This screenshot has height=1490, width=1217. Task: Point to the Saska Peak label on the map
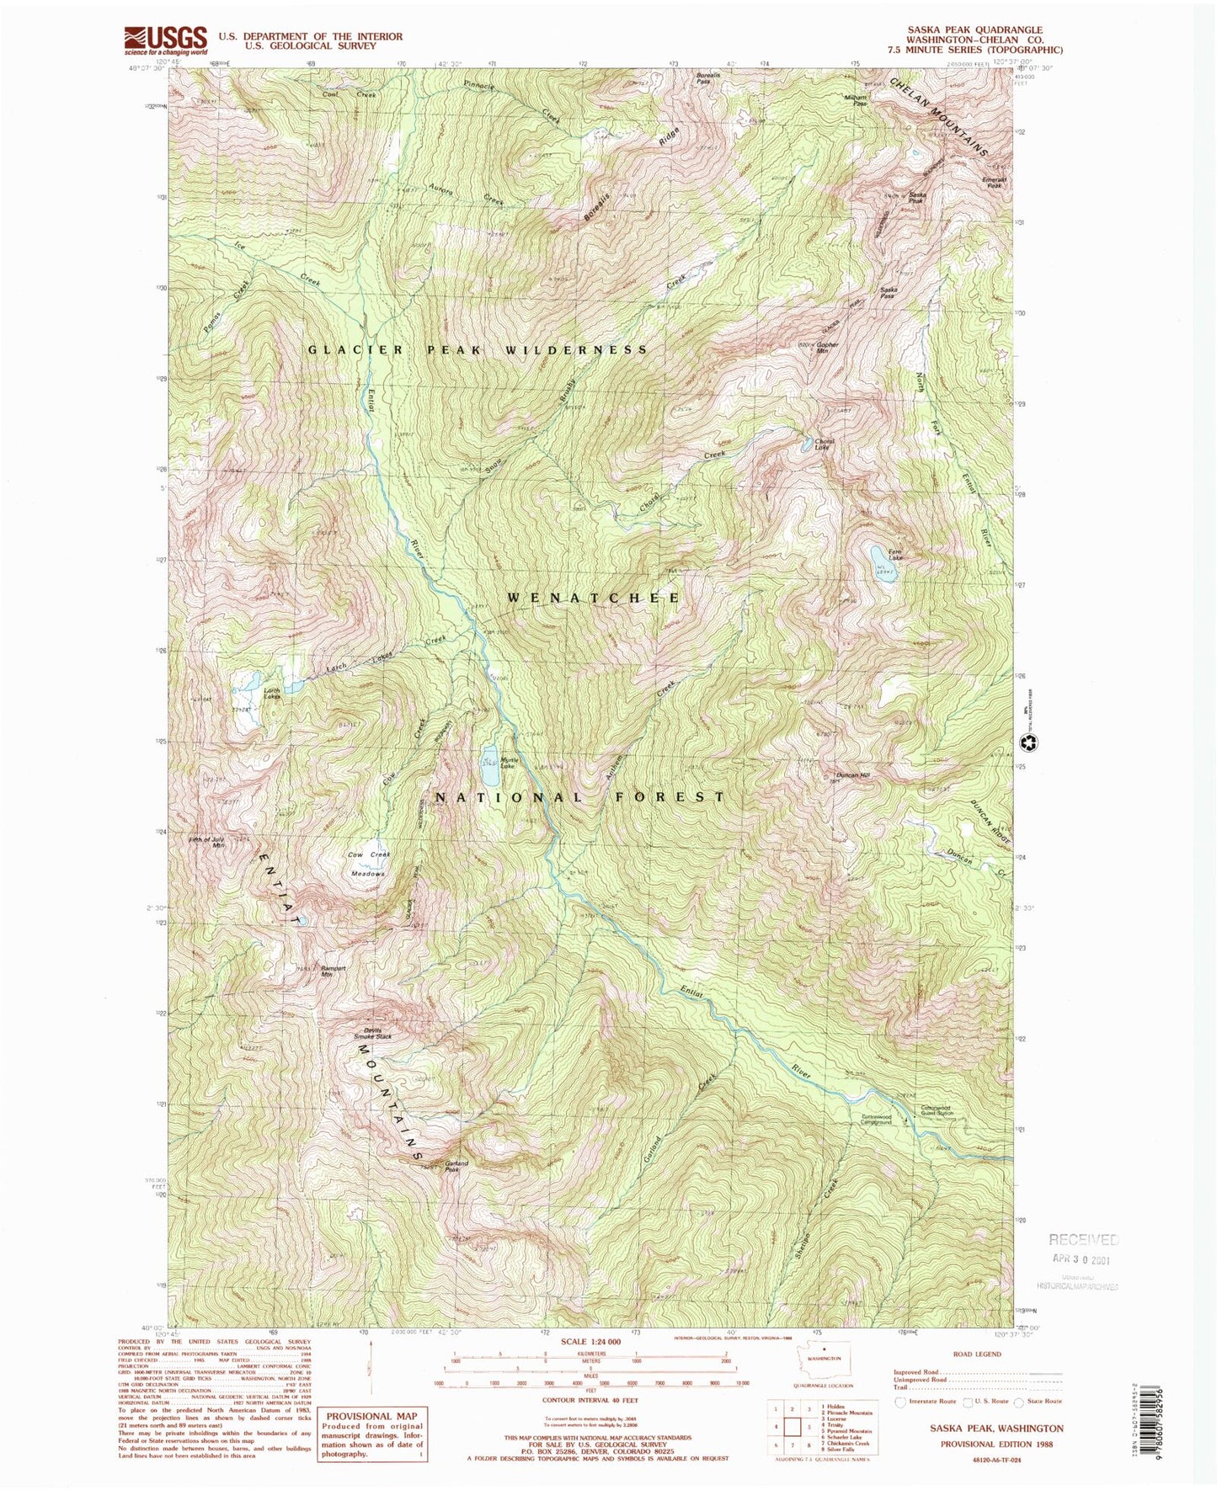tap(916, 198)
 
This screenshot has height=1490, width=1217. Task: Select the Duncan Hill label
tap(852, 774)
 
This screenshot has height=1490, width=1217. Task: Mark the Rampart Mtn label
tap(334, 971)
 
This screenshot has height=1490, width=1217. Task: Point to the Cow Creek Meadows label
tap(369, 864)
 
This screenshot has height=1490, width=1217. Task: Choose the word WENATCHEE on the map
tap(594, 598)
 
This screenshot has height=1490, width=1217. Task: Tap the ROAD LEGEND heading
tap(977, 1354)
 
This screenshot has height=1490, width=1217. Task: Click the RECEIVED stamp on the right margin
tap(1083, 1239)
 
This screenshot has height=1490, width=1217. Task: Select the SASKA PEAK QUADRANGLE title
tap(973, 29)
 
